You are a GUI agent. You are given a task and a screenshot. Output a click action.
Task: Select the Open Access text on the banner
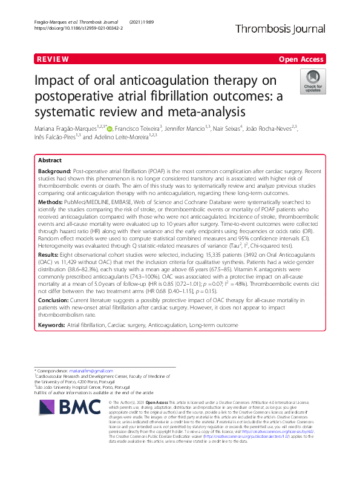(x=301, y=60)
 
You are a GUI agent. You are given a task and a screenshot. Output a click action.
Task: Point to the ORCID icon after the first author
(x=109, y=128)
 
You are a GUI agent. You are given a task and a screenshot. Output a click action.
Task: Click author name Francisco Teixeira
(x=136, y=128)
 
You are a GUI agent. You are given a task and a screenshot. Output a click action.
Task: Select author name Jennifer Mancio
(x=186, y=128)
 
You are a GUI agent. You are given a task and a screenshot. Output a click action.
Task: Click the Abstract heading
(x=50, y=161)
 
